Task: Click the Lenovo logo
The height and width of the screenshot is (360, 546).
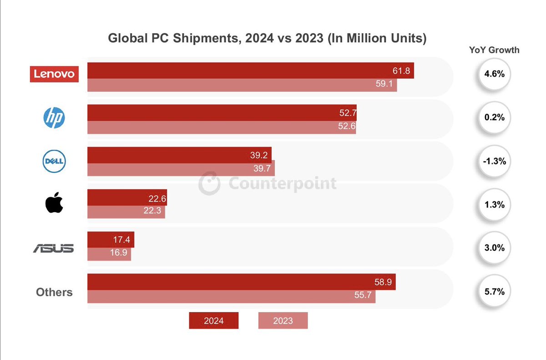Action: [x=55, y=74]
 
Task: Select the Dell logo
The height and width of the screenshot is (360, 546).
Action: [x=54, y=162]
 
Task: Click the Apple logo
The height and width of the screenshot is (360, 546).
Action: [x=54, y=203]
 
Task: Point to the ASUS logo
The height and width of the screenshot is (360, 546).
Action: [x=54, y=248]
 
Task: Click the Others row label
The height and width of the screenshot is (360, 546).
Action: [x=54, y=292]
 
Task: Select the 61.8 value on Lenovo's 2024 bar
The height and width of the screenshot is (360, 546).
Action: [x=401, y=71]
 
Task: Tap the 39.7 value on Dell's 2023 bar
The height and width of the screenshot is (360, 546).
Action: [x=262, y=169]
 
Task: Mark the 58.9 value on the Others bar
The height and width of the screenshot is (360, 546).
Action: [x=383, y=282]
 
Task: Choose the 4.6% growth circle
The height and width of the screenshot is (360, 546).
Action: [x=494, y=74]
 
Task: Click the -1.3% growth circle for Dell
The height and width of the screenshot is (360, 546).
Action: [x=494, y=162]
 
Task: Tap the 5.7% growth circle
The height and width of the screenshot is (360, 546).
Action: [x=494, y=292]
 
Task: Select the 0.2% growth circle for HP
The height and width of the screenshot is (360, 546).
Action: [x=494, y=117]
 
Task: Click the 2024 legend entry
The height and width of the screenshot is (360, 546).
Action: [x=213, y=320]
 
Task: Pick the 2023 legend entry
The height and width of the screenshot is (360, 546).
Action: [x=283, y=320]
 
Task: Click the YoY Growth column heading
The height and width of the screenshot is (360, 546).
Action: [x=494, y=50]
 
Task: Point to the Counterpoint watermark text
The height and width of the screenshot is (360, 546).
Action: [x=282, y=183]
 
